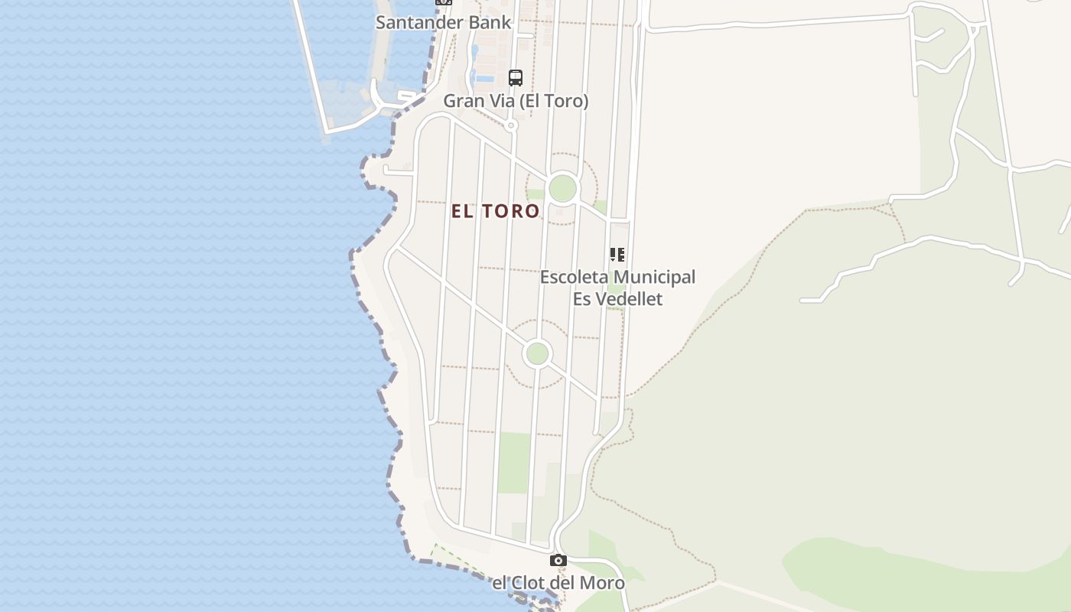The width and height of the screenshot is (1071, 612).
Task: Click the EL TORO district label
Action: click(x=496, y=211)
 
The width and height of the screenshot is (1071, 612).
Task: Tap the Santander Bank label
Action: click(x=443, y=22)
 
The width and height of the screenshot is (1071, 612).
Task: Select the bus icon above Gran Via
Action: click(x=516, y=77)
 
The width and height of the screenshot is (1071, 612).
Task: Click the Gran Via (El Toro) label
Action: click(x=516, y=101)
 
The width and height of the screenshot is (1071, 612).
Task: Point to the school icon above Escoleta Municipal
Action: click(x=617, y=255)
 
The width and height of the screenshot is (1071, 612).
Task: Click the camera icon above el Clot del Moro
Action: click(x=558, y=561)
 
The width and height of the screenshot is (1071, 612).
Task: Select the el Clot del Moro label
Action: click(x=558, y=583)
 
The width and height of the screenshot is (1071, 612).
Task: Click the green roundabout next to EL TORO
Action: click(x=562, y=188)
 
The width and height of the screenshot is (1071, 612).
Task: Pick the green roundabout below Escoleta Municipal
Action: click(x=538, y=353)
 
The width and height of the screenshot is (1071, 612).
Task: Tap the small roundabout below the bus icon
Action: click(x=512, y=125)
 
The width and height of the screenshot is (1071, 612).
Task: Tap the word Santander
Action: click(x=418, y=22)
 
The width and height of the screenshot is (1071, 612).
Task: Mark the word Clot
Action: click(x=534, y=583)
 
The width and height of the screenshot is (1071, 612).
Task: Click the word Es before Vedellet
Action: click(x=581, y=298)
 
